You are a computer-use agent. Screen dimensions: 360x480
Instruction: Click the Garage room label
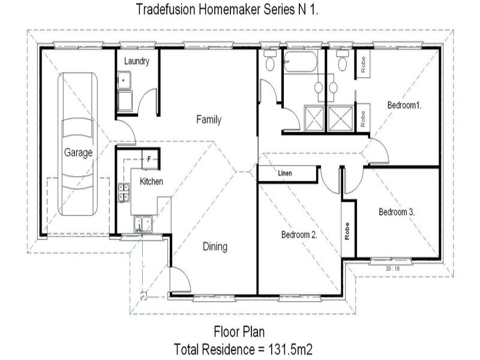tap(78, 152)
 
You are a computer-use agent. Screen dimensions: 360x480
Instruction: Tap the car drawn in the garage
tap(78, 144)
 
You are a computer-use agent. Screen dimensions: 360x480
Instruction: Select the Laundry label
tap(136, 61)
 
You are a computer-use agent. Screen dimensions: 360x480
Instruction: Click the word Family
tap(209, 119)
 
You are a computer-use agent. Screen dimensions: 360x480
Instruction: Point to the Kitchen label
tap(151, 181)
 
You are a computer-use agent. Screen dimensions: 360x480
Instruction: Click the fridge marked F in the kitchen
tap(149, 160)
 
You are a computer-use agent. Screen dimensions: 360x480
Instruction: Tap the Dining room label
tap(214, 247)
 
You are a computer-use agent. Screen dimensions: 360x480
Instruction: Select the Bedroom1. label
tap(404, 105)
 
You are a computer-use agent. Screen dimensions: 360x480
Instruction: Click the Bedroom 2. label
tap(299, 235)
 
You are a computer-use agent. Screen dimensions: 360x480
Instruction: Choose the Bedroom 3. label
tap(397, 212)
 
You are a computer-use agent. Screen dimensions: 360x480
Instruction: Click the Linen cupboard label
tap(285, 173)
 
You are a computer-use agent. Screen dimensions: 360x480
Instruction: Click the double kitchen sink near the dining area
tap(143, 223)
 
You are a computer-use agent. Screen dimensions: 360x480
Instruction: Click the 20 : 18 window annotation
tap(393, 268)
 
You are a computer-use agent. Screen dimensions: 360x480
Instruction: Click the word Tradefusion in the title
tap(164, 9)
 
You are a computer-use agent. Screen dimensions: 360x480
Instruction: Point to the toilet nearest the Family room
tap(270, 62)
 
